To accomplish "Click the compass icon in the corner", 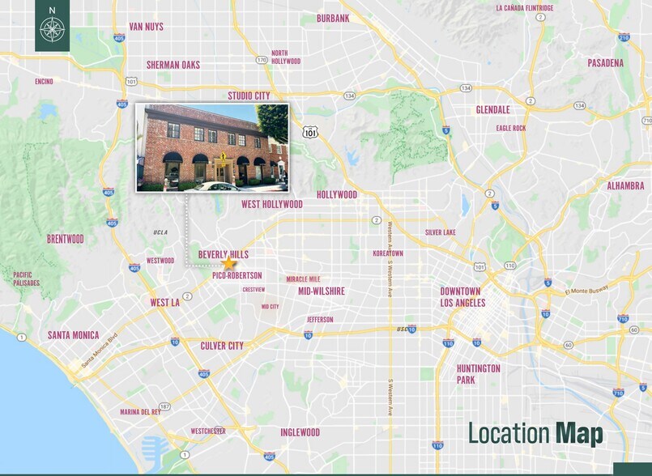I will [52, 29].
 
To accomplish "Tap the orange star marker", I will [228, 263].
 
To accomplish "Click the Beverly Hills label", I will [223, 254].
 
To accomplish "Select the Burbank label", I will [333, 18].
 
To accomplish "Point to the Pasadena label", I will [606, 62].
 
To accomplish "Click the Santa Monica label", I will [73, 335].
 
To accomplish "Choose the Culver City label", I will [222, 346].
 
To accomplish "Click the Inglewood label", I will [300, 432].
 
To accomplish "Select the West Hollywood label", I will [272, 205].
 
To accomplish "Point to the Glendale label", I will [493, 110].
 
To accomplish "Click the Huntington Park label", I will [478, 374].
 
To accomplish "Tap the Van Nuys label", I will [146, 27].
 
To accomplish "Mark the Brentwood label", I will [65, 239].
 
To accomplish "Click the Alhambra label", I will [625, 185].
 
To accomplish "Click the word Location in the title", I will [509, 434].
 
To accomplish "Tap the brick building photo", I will [212, 147].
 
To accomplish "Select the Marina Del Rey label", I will [140, 411].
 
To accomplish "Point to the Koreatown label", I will [388, 253].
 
